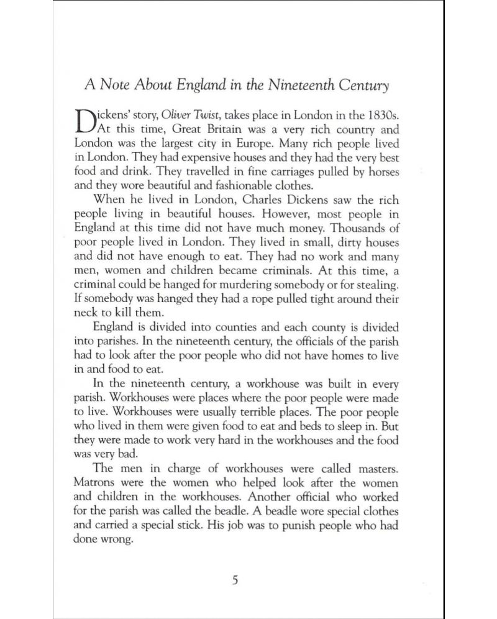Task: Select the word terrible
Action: (x=255, y=411)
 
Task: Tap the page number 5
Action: (x=235, y=582)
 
